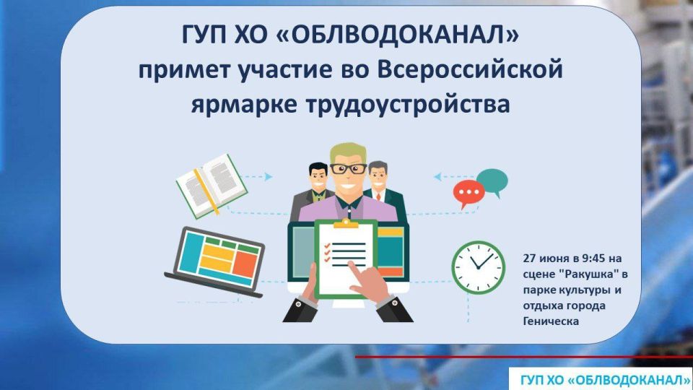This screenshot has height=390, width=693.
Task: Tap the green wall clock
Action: click(x=478, y=265)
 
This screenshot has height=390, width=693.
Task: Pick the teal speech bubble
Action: click(x=492, y=181)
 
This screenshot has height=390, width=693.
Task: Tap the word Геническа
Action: click(x=552, y=321)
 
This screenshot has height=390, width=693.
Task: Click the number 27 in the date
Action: click(x=530, y=256)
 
